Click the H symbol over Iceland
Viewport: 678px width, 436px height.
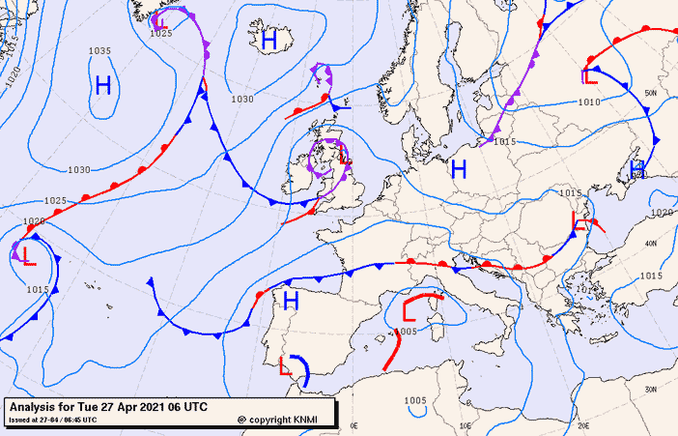[x=269, y=40]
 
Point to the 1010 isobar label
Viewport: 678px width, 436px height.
[x=589, y=101]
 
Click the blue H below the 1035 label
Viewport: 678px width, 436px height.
[x=103, y=85]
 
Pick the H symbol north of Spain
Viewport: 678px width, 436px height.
[x=290, y=301]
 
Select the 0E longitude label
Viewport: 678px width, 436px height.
[x=353, y=424]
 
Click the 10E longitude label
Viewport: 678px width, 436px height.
[x=466, y=424]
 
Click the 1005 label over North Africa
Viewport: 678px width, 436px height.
[x=415, y=400]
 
